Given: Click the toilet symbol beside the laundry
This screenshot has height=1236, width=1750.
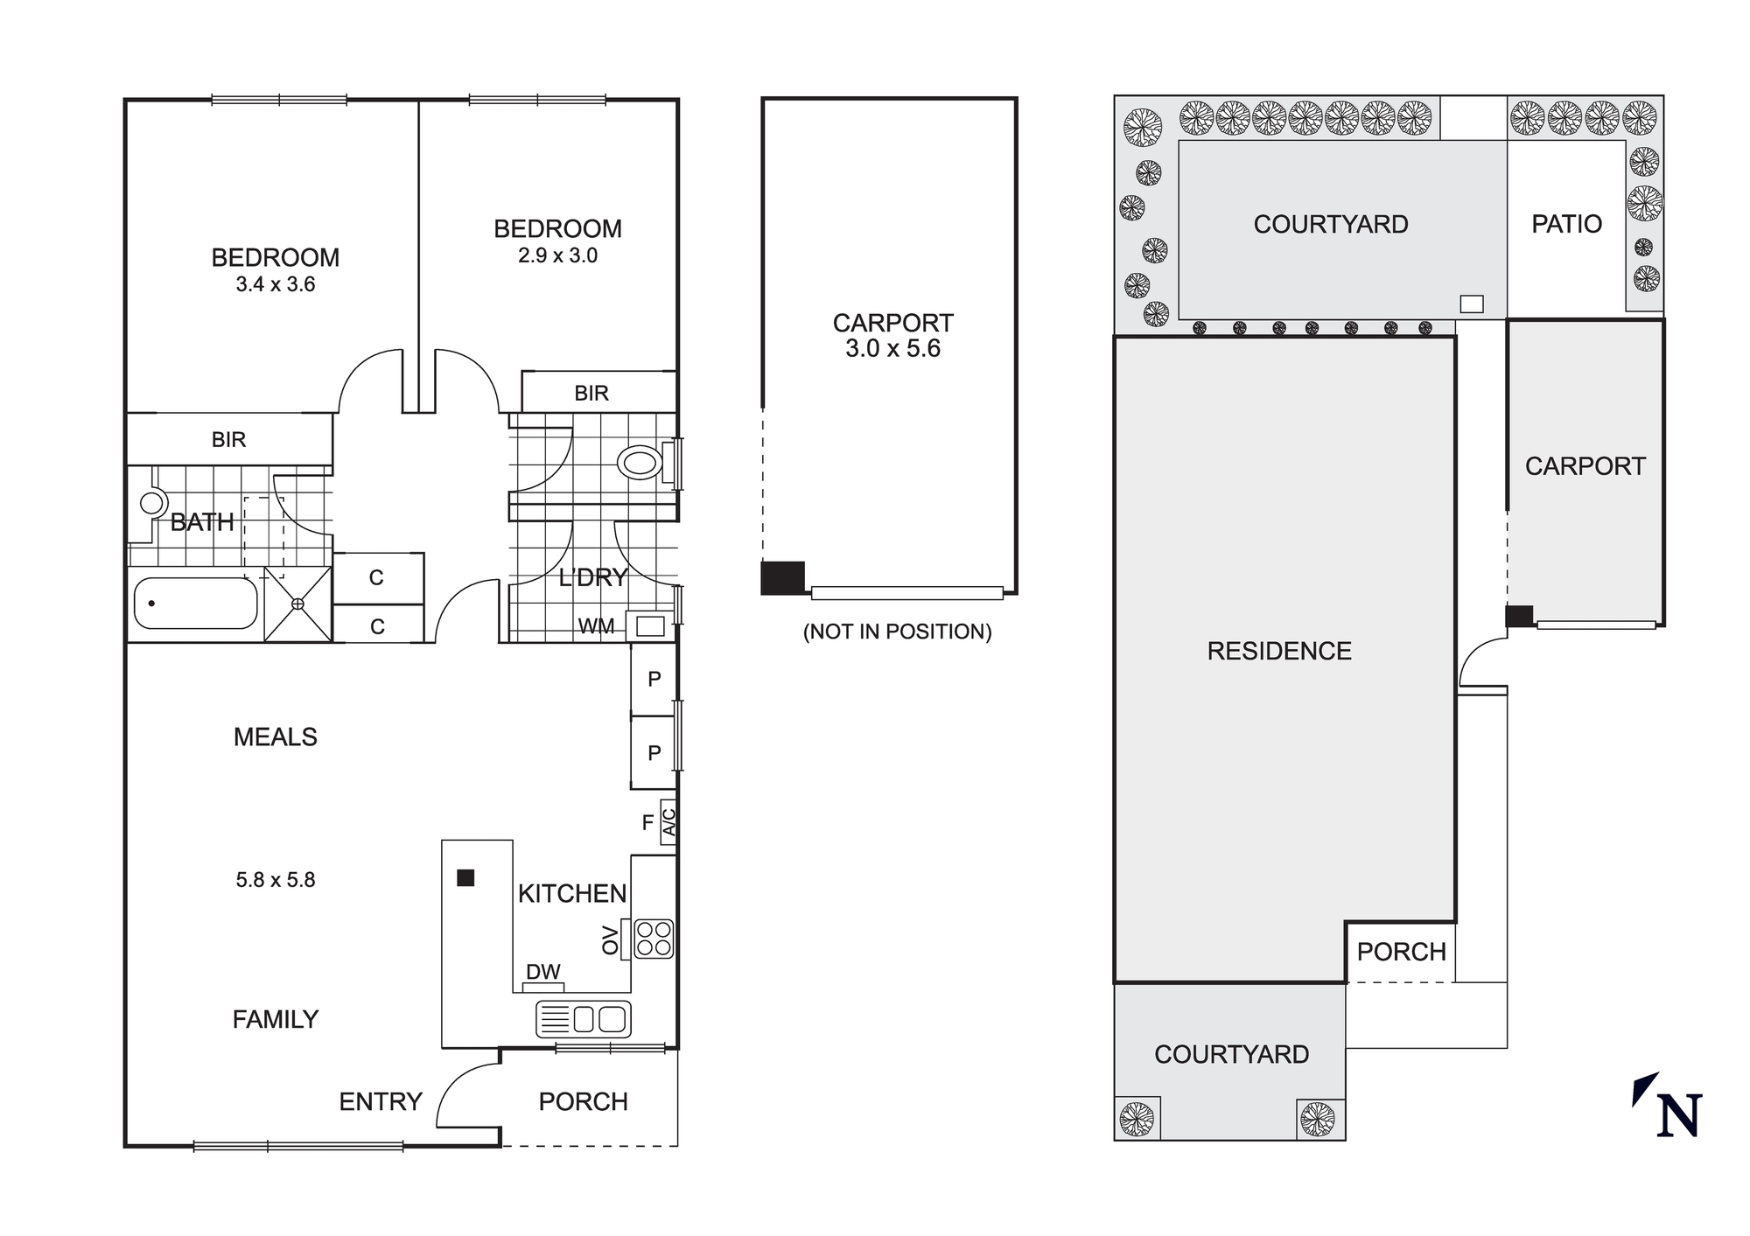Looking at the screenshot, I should click(640, 462).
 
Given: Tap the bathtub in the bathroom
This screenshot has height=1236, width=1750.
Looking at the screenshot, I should click(196, 604).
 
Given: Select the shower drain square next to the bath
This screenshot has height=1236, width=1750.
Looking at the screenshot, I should click(297, 604).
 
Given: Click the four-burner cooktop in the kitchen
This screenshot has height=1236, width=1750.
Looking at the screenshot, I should click(653, 939).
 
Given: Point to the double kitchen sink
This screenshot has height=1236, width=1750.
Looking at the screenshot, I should click(584, 1019).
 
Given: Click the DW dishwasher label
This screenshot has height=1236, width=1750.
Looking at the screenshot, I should click(542, 972).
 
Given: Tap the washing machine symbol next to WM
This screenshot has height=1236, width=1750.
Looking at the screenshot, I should click(650, 625).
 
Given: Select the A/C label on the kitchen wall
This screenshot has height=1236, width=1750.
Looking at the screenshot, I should click(668, 822).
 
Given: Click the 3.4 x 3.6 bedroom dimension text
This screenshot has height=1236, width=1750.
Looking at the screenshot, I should click(275, 284).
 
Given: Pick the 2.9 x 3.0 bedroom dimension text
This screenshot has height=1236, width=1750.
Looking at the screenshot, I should click(557, 255).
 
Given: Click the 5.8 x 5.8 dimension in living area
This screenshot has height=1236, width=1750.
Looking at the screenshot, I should click(275, 880).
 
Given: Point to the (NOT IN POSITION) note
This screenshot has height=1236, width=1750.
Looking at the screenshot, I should click(897, 632).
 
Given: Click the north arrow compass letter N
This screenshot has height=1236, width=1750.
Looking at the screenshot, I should click(1678, 1116).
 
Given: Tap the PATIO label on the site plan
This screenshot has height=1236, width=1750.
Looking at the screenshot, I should click(1566, 224).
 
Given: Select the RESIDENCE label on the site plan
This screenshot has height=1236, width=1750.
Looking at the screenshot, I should click(1278, 651).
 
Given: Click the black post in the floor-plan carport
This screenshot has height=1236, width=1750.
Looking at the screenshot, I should click(782, 577).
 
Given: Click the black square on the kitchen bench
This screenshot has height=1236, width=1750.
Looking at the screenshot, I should click(465, 877).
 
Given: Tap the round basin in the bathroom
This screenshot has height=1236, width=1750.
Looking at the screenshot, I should click(153, 503).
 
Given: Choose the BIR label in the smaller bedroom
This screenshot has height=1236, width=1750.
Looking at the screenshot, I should click(591, 393).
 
